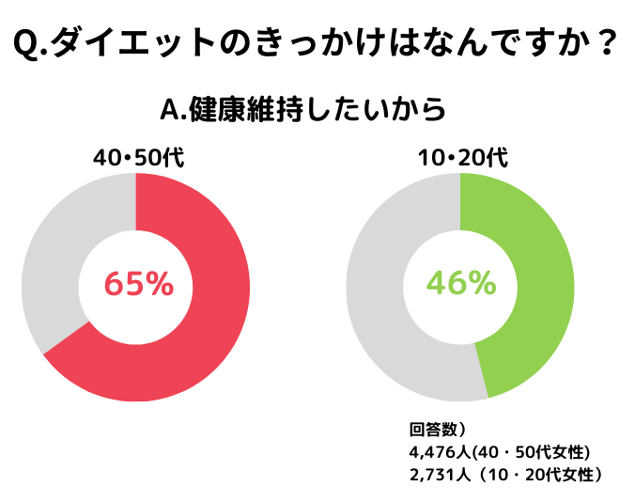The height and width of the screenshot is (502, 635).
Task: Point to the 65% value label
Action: (x=137, y=283)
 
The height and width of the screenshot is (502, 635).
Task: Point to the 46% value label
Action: (x=460, y=283)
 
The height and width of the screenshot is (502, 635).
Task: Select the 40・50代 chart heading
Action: (x=137, y=157)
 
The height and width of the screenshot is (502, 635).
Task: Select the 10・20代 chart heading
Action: (x=462, y=157)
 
